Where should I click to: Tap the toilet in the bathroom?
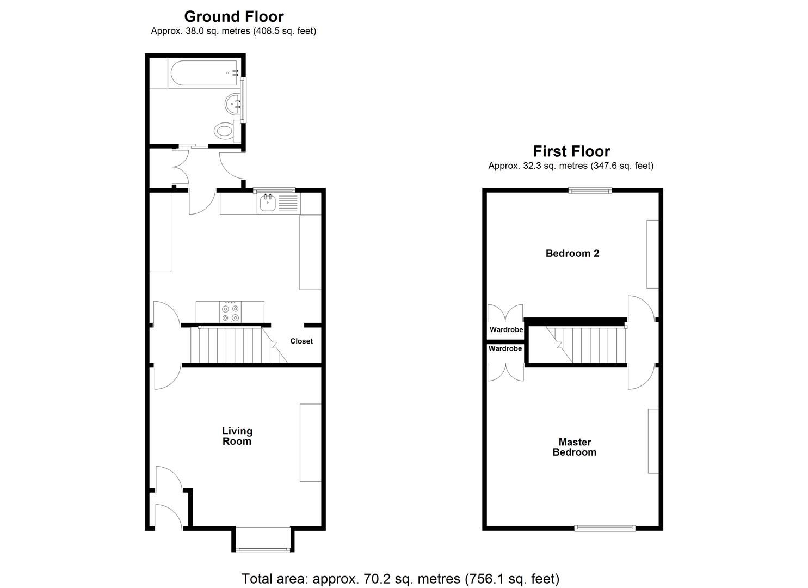[224, 131]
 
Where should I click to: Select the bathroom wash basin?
[235, 102]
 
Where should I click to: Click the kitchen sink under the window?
[267, 203]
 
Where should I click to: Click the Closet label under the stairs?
[301, 341]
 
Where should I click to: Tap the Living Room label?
[237, 436]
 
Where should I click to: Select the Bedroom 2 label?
[572, 253]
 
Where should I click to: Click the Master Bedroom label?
[575, 447]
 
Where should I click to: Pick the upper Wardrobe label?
[506, 330]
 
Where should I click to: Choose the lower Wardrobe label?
[505, 348]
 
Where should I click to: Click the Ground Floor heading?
[234, 16]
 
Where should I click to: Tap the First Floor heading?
[571, 151]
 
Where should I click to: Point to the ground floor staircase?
[234, 345]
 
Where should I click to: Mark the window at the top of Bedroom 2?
[590, 191]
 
